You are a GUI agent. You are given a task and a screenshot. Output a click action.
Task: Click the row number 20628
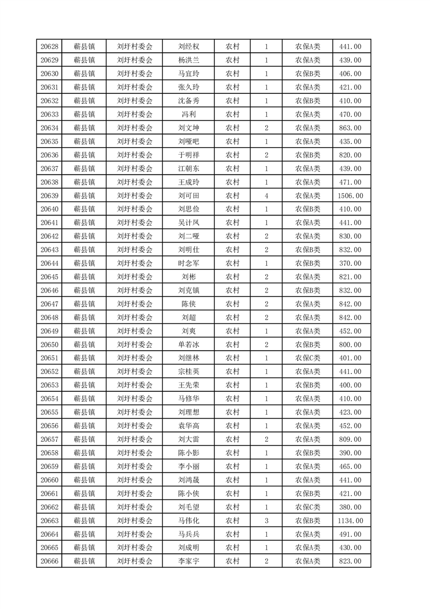tap(49, 47)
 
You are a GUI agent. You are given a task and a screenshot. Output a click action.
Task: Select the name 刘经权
tap(189, 47)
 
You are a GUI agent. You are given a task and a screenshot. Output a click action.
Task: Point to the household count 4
tap(266, 195)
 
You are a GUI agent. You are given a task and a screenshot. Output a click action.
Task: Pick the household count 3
tap(266, 521)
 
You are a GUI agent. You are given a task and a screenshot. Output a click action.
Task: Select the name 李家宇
tap(189, 561)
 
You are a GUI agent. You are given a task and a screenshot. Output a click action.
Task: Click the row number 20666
tap(49, 561)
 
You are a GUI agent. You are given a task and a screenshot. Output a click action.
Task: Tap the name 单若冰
tap(189, 345)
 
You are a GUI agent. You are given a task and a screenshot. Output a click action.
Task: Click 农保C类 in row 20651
tap(307, 358)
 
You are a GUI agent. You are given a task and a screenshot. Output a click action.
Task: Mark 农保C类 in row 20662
tap(307, 507)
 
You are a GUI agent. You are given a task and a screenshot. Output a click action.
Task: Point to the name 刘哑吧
tap(189, 142)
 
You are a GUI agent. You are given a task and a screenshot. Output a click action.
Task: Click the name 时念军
tap(189, 263)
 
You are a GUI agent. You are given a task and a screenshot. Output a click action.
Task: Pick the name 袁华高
tap(189, 426)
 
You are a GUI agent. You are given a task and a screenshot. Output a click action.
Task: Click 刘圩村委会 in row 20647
tap(135, 304)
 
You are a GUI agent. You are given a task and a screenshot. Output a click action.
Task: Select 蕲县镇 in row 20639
tap(84, 195)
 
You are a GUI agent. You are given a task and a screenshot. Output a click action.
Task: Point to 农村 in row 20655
tap(232, 412)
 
